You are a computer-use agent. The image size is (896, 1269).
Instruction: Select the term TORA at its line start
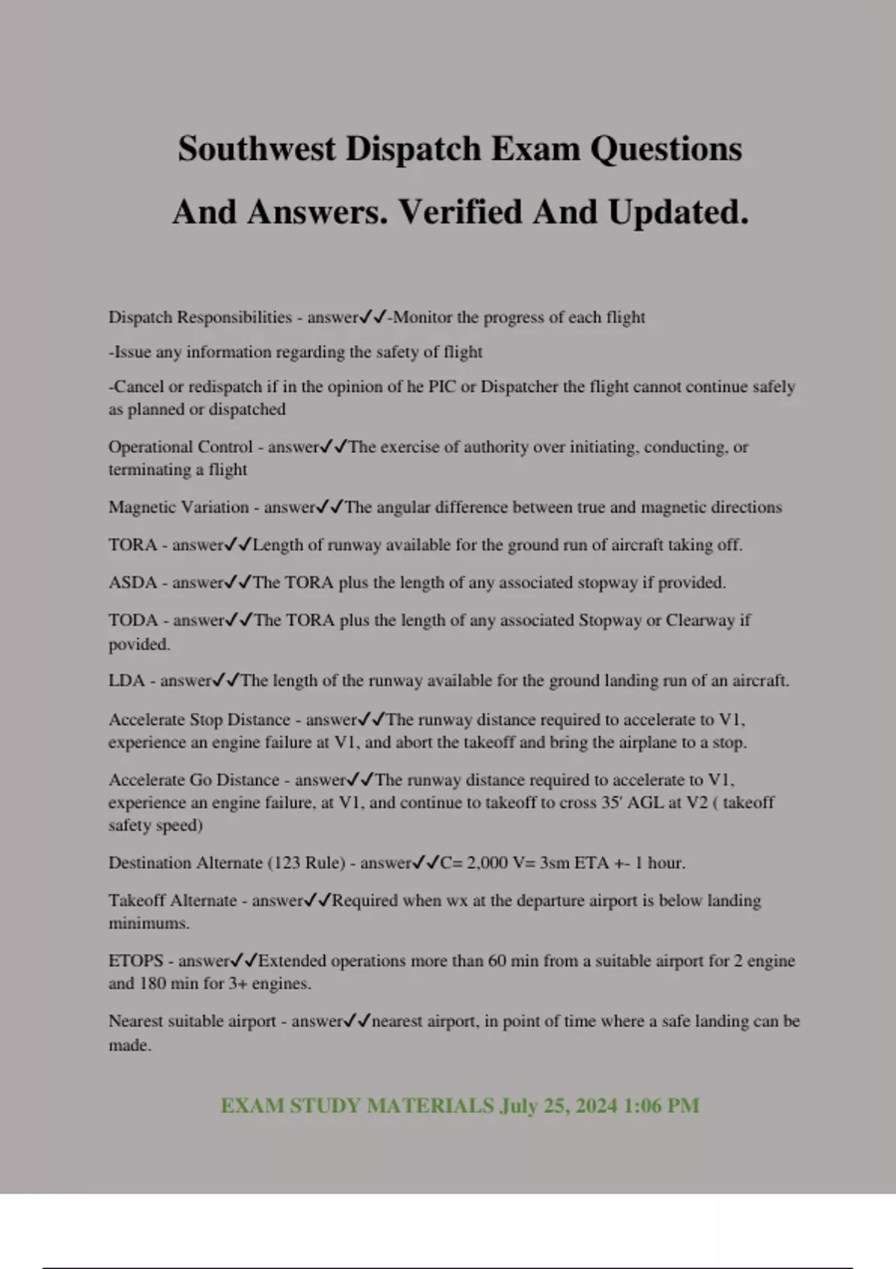[132, 545]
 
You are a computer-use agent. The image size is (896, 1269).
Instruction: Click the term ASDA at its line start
[132, 583]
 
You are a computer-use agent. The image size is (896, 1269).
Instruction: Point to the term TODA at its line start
[133, 620]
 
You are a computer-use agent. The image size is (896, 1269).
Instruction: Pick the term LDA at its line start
[126, 681]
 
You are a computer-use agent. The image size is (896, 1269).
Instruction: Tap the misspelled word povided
[139, 644]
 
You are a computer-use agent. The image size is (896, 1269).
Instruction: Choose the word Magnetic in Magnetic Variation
[141, 508]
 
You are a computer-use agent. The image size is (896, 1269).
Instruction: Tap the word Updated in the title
[677, 213]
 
